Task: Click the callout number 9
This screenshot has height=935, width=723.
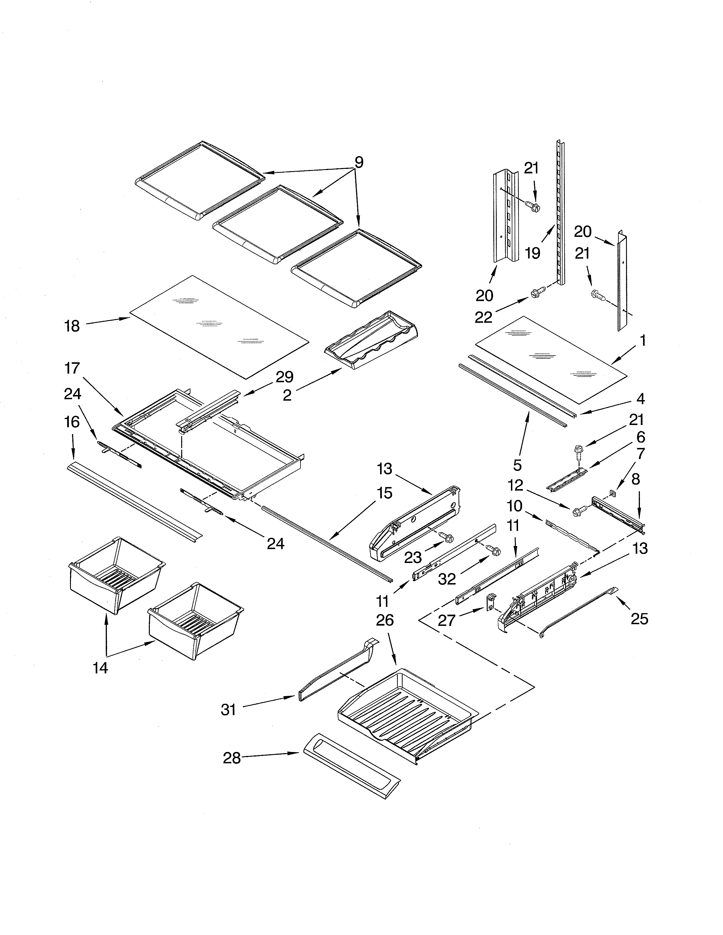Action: [359, 163]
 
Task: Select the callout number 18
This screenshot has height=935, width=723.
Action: [72, 326]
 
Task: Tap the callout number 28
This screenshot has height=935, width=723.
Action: [232, 758]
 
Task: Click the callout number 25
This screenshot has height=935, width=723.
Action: [639, 619]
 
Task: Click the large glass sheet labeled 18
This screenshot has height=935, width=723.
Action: [218, 328]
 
